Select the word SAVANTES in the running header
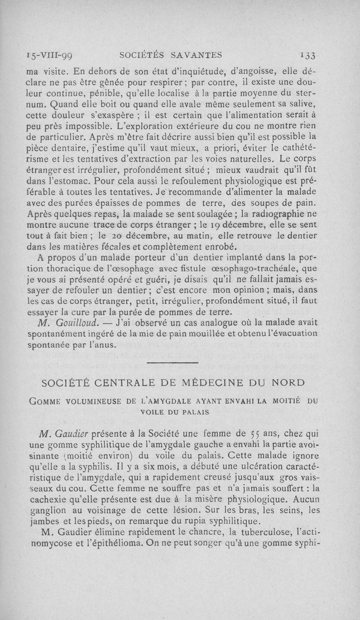coord(197,55)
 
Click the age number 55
coord(254,433)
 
